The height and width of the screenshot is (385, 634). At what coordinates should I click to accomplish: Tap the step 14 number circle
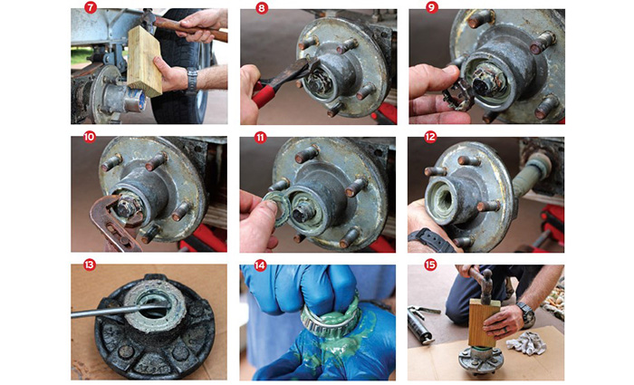pos(262,269)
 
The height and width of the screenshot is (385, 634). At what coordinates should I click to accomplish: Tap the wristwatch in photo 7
pos(192,81)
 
